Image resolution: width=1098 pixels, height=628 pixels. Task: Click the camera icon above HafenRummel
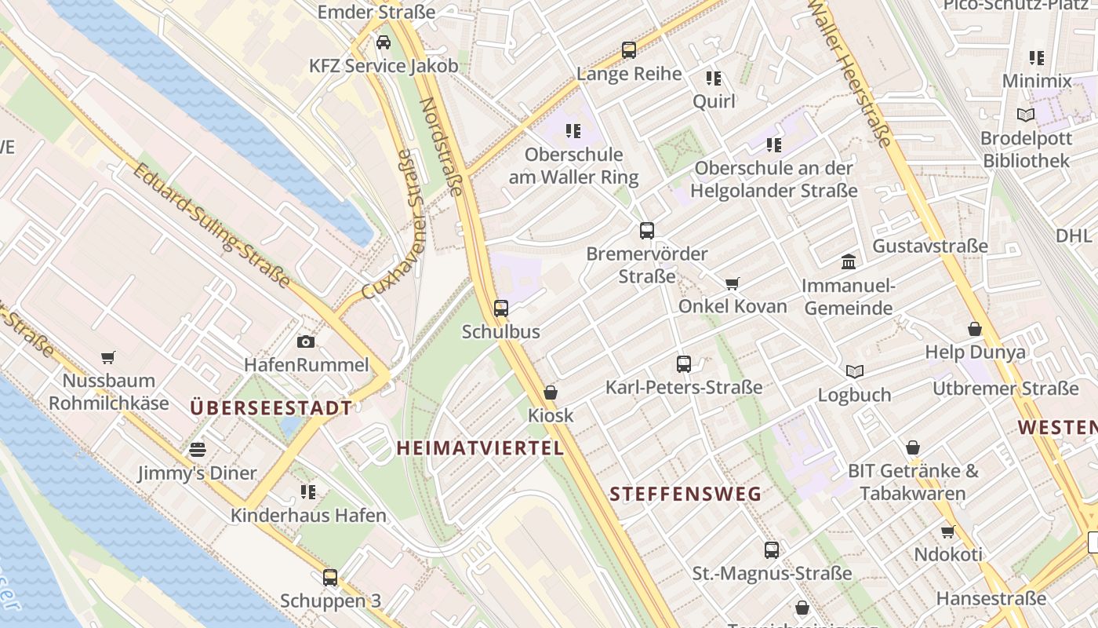[x=306, y=341]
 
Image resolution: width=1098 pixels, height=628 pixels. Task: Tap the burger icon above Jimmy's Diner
[x=197, y=450]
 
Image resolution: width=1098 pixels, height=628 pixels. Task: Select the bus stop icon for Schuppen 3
[x=330, y=578]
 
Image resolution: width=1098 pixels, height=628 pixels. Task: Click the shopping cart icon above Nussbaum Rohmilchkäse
[x=108, y=357]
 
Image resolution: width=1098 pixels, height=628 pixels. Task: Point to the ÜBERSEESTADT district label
[x=271, y=408]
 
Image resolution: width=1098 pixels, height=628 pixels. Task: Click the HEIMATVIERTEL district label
[x=480, y=448]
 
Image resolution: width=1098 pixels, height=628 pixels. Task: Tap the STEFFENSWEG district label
[x=685, y=494]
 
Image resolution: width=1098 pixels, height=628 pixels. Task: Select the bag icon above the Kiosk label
[x=551, y=392]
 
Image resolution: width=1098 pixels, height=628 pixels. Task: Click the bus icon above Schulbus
[x=501, y=309]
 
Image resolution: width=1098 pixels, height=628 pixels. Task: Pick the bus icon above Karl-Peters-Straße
[x=684, y=364]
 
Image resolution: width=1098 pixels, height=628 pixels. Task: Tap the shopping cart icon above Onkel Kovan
[x=733, y=283]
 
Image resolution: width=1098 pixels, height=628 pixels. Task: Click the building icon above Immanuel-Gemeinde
[x=849, y=261]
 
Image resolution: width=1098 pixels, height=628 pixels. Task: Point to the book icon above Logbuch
[x=855, y=371]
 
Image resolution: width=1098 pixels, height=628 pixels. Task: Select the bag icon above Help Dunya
[x=975, y=329]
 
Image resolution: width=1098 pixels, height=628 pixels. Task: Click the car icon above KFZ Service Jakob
[x=384, y=42]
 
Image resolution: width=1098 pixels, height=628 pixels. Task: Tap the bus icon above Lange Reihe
[x=629, y=50]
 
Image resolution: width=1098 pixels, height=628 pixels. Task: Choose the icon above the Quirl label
[x=714, y=78]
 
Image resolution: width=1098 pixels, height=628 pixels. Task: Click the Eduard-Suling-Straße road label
[x=210, y=225]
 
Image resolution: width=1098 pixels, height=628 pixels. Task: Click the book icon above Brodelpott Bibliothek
[x=1025, y=115]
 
